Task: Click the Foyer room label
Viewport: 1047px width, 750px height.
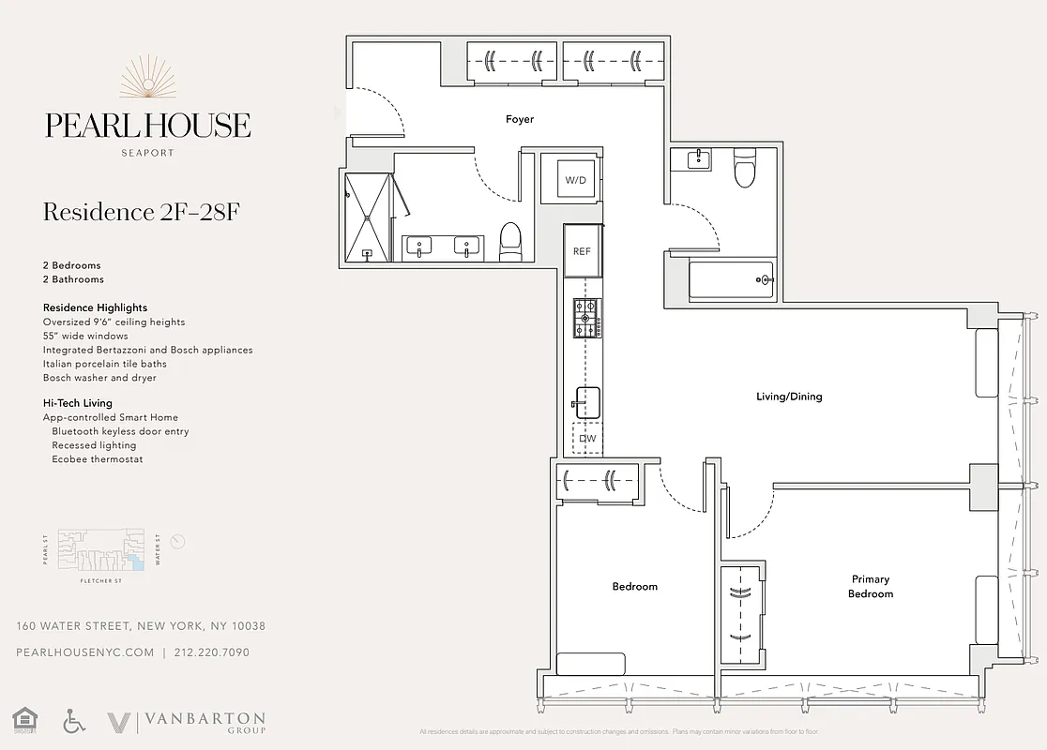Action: point(519,119)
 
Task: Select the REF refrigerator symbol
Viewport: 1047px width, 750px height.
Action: point(583,250)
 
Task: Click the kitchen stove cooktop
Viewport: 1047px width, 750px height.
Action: point(587,318)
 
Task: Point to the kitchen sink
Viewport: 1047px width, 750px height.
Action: point(587,402)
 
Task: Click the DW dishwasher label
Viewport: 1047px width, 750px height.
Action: point(587,438)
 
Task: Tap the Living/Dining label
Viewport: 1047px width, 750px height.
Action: point(788,397)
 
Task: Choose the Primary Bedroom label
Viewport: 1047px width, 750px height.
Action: point(871,586)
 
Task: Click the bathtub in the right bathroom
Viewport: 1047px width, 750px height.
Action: point(732,279)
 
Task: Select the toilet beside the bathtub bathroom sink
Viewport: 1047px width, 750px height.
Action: point(745,170)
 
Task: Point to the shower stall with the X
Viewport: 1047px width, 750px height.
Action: point(368,217)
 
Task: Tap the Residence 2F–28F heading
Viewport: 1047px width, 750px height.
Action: point(142,212)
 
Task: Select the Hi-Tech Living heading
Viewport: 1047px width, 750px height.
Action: point(78,403)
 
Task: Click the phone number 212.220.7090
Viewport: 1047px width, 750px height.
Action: point(212,652)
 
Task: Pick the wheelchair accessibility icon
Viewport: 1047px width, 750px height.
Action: point(74,721)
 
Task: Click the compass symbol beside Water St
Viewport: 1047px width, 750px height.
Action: point(179,541)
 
